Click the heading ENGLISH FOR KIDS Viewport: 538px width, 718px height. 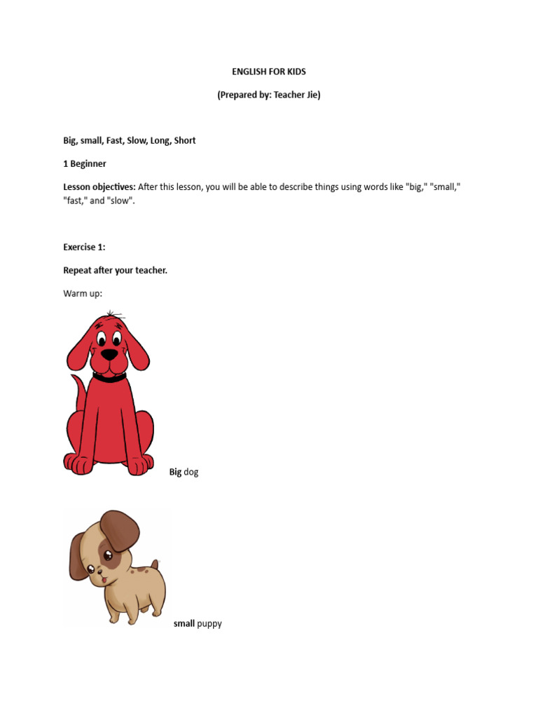pyautogui.click(x=269, y=72)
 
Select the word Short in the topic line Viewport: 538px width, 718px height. pyautogui.click(x=185, y=140)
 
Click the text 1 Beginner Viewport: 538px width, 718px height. pyautogui.click(x=85, y=163)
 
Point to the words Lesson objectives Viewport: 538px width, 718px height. pyautogui.click(x=99, y=187)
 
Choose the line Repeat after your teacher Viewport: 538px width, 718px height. pyautogui.click(x=116, y=270)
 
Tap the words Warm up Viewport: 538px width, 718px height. pyautogui.click(x=83, y=293)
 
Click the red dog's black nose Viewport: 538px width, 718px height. pyautogui.click(x=109, y=354)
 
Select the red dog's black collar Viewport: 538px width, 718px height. pyautogui.click(x=109, y=377)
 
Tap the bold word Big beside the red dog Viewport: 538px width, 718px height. pyautogui.click(x=175, y=472)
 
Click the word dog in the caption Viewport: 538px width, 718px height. pyautogui.click(x=191, y=472)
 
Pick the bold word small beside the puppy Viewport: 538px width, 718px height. pyautogui.click(x=184, y=623)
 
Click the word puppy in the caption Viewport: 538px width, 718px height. pyautogui.click(x=209, y=623)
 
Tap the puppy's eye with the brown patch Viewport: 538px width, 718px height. pyautogui.click(x=108, y=556)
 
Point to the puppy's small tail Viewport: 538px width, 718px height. pyautogui.click(x=154, y=564)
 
